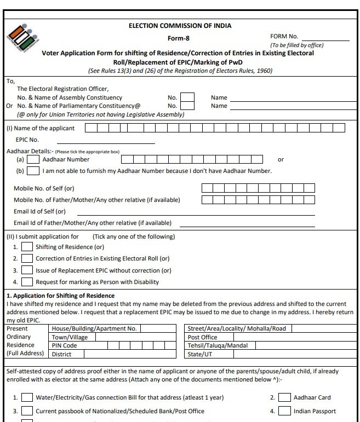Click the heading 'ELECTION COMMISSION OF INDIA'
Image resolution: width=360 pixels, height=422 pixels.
pos(180,26)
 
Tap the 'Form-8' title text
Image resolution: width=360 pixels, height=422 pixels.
pos(179,38)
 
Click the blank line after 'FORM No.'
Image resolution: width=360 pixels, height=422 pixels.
pos(327,38)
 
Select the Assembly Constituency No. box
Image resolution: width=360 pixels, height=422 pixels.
pos(187,97)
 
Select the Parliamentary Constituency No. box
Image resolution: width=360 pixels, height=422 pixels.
pos(187,106)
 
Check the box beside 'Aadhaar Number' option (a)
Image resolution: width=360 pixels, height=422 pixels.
pos(33,159)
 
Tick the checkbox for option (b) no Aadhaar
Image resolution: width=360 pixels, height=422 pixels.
pos(33,171)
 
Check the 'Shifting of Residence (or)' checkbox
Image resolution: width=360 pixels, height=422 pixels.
pos(27,247)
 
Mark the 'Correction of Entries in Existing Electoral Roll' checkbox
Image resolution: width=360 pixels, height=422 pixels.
pos(27,258)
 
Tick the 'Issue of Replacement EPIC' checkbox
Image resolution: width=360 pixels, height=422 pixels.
pos(27,270)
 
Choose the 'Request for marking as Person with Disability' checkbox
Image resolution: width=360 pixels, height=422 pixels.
pos(27,282)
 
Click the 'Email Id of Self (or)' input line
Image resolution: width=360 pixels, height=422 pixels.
pos(196,212)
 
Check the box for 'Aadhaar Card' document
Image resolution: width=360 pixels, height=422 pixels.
pos(284,397)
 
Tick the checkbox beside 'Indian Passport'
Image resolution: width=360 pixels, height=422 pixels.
pos(284,411)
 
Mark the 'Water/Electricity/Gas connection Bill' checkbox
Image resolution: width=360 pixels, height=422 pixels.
pos(27,397)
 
